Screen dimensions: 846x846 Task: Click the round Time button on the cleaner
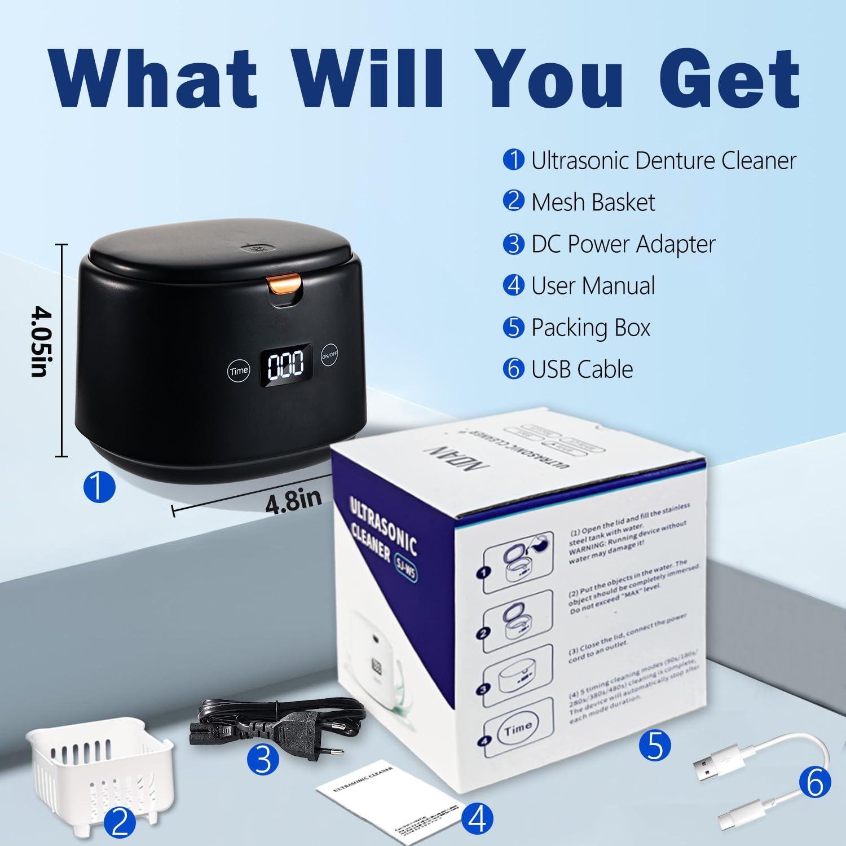pyautogui.click(x=239, y=371)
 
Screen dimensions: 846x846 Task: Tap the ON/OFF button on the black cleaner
pyautogui.click(x=330, y=356)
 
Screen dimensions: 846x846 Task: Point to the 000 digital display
pyautogui.click(x=285, y=365)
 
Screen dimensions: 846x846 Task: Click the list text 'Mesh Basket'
pyautogui.click(x=593, y=202)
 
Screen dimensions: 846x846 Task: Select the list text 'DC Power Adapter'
pyautogui.click(x=623, y=244)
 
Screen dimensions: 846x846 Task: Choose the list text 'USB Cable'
pyautogui.click(x=582, y=369)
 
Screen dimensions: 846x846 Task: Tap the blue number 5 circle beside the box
pyautogui.click(x=655, y=746)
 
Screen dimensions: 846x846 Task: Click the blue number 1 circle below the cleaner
pyautogui.click(x=99, y=486)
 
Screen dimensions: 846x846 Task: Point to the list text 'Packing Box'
pyautogui.click(x=591, y=328)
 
